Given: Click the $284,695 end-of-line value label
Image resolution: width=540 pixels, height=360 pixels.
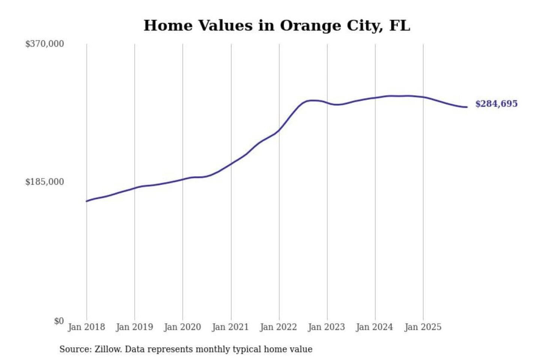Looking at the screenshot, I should coord(496,104).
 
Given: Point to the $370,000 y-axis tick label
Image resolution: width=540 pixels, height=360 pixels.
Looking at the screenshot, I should coord(45,44).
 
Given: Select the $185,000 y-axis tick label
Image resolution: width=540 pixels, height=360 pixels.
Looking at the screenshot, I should coord(45,182).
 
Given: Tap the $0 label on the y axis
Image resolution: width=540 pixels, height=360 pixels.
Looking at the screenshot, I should coord(59,321).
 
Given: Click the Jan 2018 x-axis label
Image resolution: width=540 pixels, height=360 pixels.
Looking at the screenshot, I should coord(86,327).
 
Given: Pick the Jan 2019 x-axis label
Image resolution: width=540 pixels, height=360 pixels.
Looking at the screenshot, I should coord(134,327).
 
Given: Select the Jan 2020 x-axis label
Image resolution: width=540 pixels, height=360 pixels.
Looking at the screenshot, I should coord(182,327).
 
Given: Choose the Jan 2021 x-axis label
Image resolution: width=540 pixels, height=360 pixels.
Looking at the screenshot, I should coord(230,327).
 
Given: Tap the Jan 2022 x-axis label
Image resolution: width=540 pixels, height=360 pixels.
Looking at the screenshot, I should coord(278,327).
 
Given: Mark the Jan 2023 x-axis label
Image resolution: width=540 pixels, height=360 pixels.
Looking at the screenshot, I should coord(326,327).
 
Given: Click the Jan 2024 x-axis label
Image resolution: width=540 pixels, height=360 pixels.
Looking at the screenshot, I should coord(374,327).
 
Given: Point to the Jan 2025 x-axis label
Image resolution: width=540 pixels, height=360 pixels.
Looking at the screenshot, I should coord(423,327).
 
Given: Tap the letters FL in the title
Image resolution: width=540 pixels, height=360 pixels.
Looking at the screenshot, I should coord(400,25).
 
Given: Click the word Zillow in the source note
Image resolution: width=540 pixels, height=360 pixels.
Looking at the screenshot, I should coord(108,349).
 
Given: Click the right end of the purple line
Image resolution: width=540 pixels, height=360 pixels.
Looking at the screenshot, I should coord(467,107).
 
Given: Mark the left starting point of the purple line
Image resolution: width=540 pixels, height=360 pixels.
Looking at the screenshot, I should coord(87,201).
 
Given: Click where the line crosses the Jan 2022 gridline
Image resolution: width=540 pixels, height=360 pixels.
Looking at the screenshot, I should coord(279,130).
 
